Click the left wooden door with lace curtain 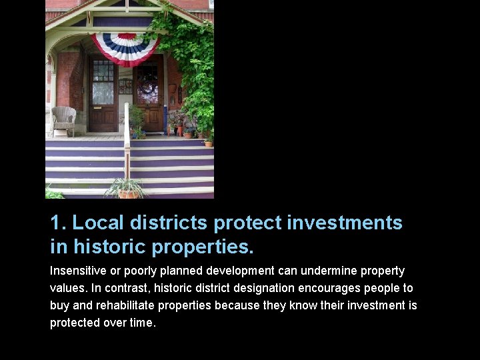coord(103,95)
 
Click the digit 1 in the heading coord(56,223)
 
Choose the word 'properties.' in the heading coord(203,247)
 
